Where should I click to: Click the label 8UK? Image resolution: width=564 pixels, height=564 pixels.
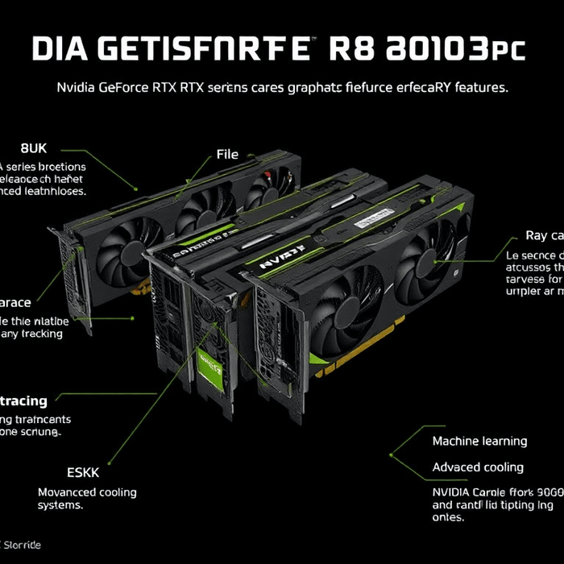click(x=34, y=148)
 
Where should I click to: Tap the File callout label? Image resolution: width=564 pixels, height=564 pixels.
click(x=228, y=154)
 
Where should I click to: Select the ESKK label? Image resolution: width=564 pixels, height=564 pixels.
click(x=83, y=472)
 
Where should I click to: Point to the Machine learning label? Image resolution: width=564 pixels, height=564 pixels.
click(x=479, y=441)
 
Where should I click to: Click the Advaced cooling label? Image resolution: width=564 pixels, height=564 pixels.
click(x=478, y=467)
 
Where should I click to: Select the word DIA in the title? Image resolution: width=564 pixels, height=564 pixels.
click(x=60, y=48)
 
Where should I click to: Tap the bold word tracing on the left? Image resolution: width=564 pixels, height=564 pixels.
click(x=24, y=400)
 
